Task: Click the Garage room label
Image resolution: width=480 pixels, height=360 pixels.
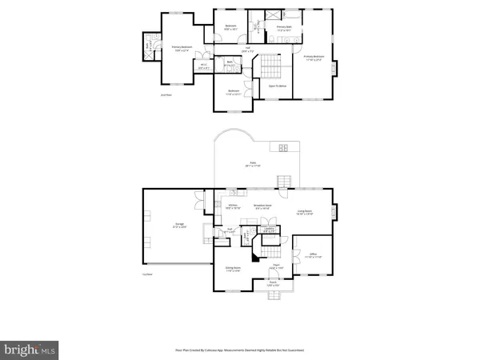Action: (x=166, y=225)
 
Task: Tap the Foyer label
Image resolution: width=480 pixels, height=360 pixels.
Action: (x=274, y=266)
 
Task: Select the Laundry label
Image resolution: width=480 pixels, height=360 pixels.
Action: (x=270, y=230)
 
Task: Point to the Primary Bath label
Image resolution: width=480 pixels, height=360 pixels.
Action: (x=284, y=28)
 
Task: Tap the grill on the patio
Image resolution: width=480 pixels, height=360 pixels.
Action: (x=282, y=146)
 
